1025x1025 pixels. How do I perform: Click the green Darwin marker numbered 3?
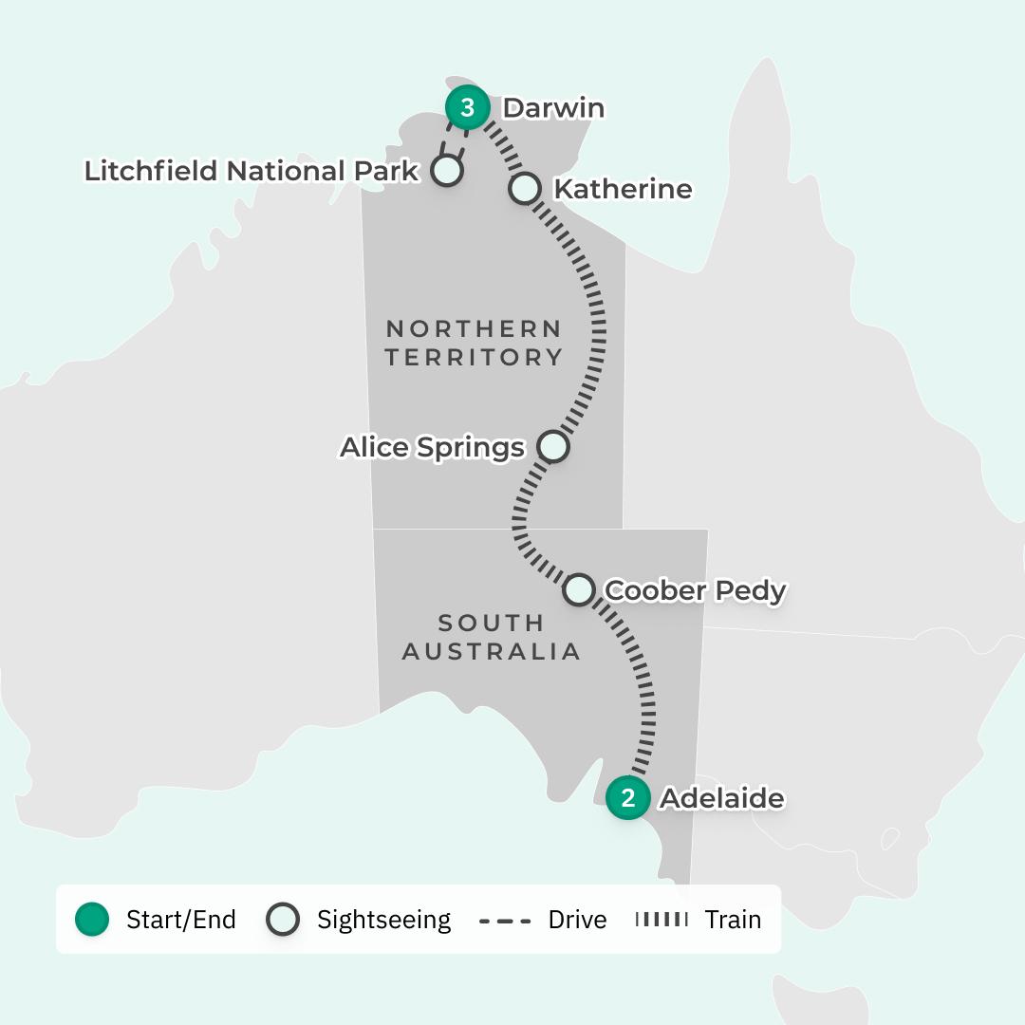(x=467, y=108)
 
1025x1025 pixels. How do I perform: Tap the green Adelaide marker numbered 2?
(x=627, y=797)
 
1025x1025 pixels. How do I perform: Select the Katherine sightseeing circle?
(x=525, y=188)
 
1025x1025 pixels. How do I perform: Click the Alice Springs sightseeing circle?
(x=553, y=446)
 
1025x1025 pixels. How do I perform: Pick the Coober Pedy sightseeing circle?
(x=579, y=589)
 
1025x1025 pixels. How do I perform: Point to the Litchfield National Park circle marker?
(x=446, y=171)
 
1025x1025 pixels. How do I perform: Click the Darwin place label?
(x=553, y=108)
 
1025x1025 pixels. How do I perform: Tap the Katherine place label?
(x=623, y=189)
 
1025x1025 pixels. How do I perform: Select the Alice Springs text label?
(x=432, y=447)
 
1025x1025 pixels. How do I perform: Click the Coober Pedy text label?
(x=696, y=590)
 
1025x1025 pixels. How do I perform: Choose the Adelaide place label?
(x=722, y=798)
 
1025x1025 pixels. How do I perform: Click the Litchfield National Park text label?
(x=252, y=171)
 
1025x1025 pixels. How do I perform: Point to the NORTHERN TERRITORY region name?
(x=475, y=343)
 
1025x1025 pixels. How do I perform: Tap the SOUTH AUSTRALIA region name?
(x=492, y=637)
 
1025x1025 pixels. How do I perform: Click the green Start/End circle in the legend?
(x=92, y=919)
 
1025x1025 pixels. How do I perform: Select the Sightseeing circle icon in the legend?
(x=283, y=919)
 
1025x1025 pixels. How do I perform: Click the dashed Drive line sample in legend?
(x=505, y=920)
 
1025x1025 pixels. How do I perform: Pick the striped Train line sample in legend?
(x=661, y=920)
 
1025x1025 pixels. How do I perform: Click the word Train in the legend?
(x=733, y=920)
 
